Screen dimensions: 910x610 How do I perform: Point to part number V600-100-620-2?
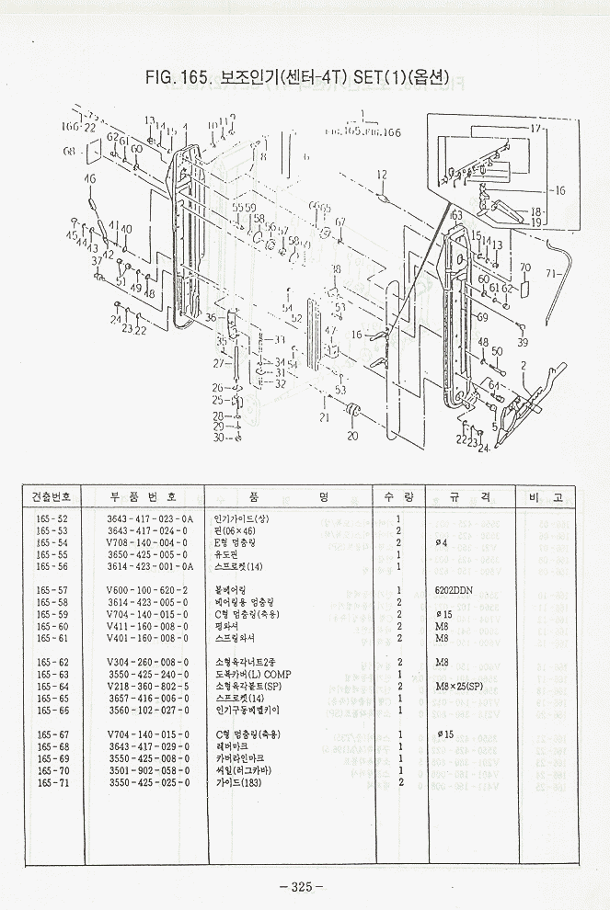pyautogui.click(x=146, y=589)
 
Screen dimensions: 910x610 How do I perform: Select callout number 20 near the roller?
pyautogui.click(x=351, y=436)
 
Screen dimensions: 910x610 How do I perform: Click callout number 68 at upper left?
pyautogui.click(x=69, y=152)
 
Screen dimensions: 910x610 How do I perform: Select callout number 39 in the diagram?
pyautogui.click(x=523, y=342)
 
